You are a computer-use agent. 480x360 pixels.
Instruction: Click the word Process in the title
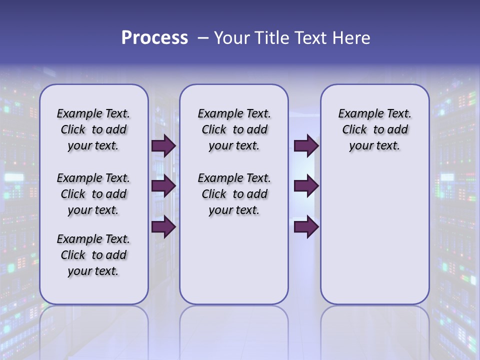point(154,37)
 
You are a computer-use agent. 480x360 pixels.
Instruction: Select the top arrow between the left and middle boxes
point(163,146)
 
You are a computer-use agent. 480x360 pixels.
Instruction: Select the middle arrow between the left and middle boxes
point(163,186)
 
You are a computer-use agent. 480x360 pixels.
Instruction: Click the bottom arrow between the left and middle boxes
point(163,227)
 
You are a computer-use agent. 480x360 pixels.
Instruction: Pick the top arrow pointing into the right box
point(306,146)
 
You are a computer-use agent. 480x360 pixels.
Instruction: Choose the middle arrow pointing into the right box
point(306,186)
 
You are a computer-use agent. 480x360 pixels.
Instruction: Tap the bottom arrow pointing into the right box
point(306,227)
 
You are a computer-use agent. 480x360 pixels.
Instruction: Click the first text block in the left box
point(93,129)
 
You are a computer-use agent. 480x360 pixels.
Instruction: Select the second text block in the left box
point(93,194)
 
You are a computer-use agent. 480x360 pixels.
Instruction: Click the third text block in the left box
point(93,255)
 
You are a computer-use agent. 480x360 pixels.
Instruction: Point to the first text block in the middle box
point(234,129)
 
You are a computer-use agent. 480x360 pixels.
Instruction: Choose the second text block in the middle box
point(234,194)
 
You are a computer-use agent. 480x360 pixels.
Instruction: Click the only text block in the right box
point(374,129)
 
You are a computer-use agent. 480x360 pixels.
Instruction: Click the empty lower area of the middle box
point(234,260)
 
